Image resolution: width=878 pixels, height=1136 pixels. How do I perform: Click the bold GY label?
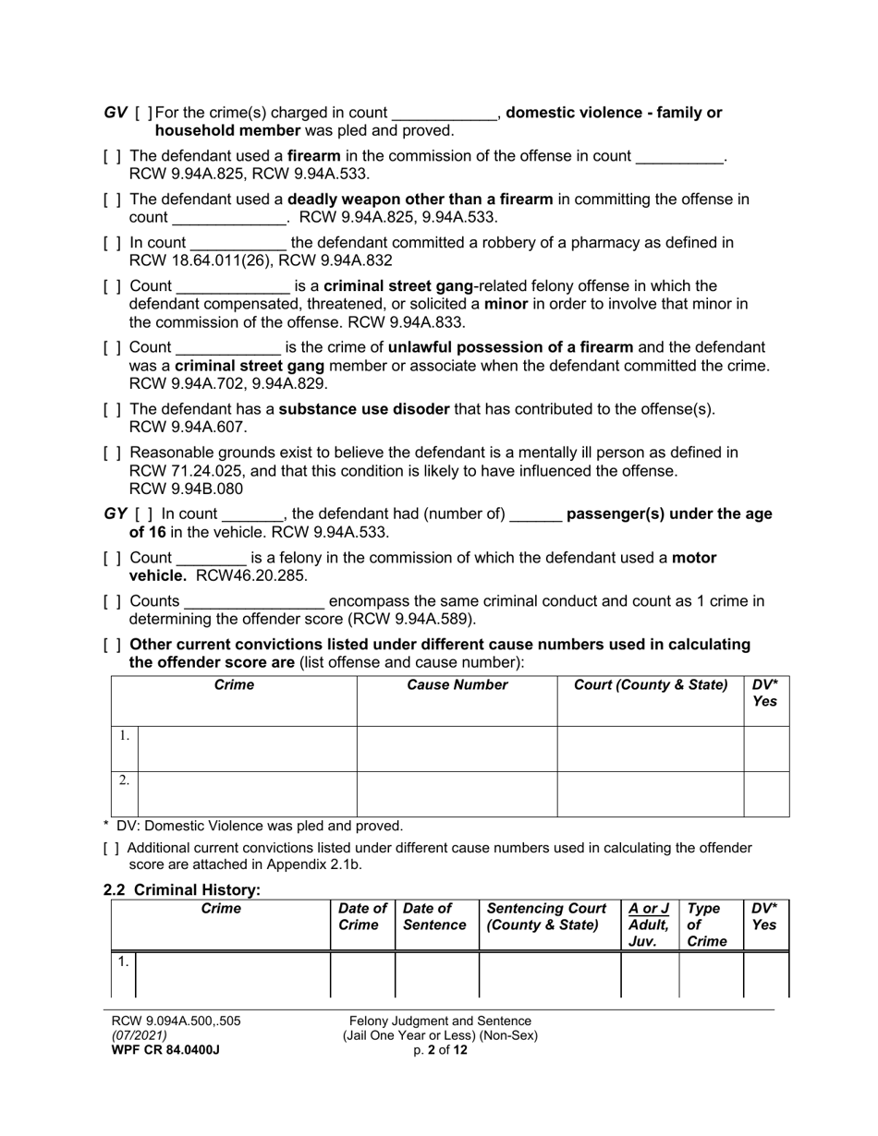(116, 514)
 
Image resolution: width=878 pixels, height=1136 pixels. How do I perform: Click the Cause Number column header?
(457, 685)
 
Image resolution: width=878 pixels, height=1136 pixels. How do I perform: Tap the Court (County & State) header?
(651, 685)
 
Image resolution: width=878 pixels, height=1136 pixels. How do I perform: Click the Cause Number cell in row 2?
(457, 793)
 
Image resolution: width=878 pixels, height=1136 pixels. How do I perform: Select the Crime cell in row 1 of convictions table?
(247, 748)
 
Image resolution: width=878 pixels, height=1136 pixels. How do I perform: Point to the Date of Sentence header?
(435, 917)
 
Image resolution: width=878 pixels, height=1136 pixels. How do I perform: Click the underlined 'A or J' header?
(648, 909)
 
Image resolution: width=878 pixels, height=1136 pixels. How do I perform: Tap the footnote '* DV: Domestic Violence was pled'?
(253, 826)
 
